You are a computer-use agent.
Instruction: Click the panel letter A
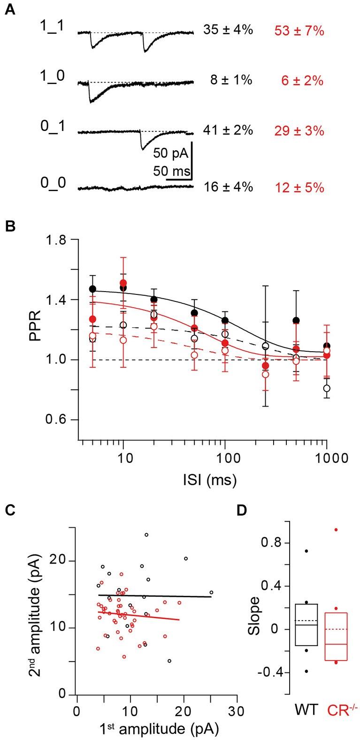[x=10, y=10]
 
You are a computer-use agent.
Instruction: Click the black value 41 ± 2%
[x=228, y=131]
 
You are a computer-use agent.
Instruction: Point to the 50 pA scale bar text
[x=171, y=154]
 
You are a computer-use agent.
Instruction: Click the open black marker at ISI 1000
[x=327, y=388]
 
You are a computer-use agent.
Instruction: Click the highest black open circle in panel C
[x=146, y=535]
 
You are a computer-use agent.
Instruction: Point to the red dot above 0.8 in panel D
[x=336, y=530]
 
